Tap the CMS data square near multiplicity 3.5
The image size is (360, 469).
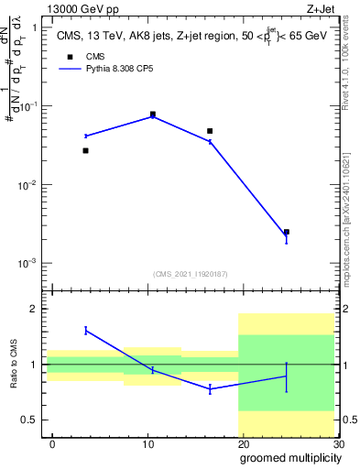85,150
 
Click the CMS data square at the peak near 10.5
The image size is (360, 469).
152,115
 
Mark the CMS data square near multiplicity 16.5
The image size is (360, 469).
210,131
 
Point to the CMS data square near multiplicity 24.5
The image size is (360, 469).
287,233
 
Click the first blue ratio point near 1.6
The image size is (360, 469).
85,330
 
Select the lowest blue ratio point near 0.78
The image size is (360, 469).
210,388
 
